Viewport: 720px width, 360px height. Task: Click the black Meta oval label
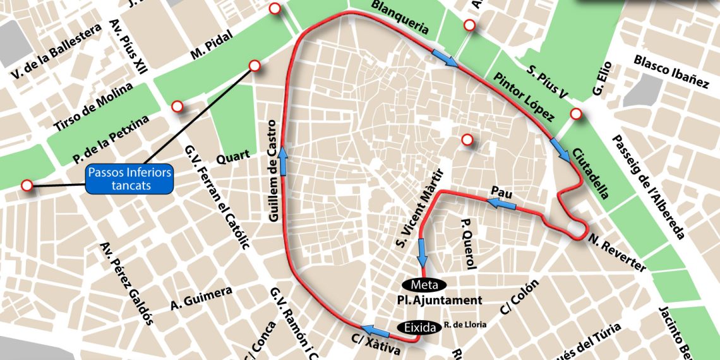[424, 284]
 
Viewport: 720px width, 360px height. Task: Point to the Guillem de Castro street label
[273, 171]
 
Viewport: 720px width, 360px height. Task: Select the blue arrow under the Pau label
[500, 203]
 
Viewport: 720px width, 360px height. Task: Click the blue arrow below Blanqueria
[445, 58]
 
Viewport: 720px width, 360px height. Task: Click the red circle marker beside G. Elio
[576, 114]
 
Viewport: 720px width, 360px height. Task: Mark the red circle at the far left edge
[27, 185]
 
